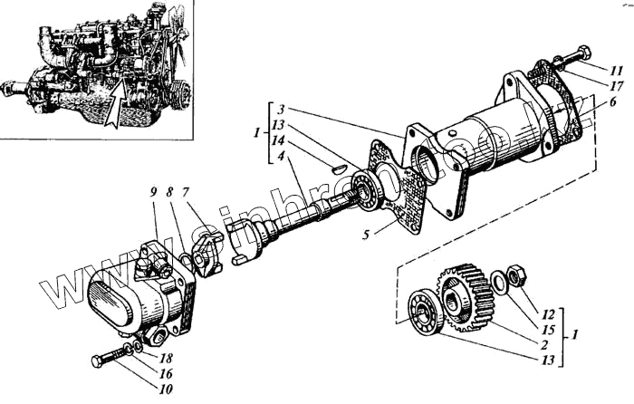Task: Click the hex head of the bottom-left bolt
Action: (99, 362)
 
